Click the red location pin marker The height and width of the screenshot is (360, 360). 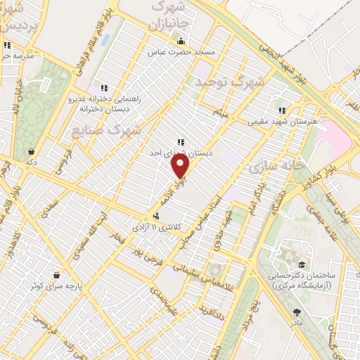pyautogui.click(x=181, y=167)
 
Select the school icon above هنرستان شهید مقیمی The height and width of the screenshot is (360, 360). pyautogui.click(x=282, y=110)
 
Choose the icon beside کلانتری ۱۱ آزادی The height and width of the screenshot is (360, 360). pyautogui.click(x=156, y=217)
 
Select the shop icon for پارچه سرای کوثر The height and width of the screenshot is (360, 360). pyautogui.click(x=56, y=275)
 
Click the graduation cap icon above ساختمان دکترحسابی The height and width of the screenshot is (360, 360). pyautogui.click(x=302, y=264)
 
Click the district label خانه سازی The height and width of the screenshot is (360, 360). pyautogui.click(x=270, y=167)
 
